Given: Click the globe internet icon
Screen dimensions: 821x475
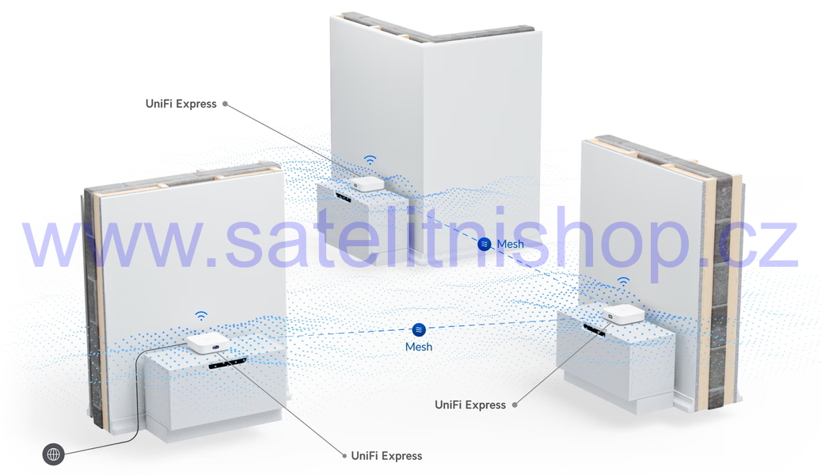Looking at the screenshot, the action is point(53,454).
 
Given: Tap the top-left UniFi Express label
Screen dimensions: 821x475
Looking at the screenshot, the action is point(181,104).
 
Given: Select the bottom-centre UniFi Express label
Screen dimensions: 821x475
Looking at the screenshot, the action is point(386,456).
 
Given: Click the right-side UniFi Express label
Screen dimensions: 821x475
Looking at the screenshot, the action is point(470,405).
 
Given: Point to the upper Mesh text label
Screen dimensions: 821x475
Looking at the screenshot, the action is point(511,244).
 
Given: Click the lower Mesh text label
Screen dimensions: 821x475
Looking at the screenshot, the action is point(419,347).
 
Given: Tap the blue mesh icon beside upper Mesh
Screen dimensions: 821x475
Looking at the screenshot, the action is point(485,244).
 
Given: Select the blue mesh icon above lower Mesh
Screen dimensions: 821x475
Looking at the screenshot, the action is point(419,329).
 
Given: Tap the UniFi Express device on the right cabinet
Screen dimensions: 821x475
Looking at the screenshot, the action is point(624,313).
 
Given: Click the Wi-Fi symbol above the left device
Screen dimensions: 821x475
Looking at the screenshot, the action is point(201,316).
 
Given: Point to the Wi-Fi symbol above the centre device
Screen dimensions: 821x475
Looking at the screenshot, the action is point(371,160).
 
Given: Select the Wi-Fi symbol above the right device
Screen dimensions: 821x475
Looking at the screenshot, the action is point(623,282).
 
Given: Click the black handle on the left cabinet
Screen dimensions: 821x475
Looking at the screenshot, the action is point(228,363).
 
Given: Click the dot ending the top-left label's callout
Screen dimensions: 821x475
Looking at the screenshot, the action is point(225,104).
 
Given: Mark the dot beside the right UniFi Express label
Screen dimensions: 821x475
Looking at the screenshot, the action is point(515,405).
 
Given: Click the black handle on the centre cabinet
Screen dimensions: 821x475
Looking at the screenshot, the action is point(344,198).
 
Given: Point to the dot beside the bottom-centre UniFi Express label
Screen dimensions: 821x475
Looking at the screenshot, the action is point(344,456).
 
